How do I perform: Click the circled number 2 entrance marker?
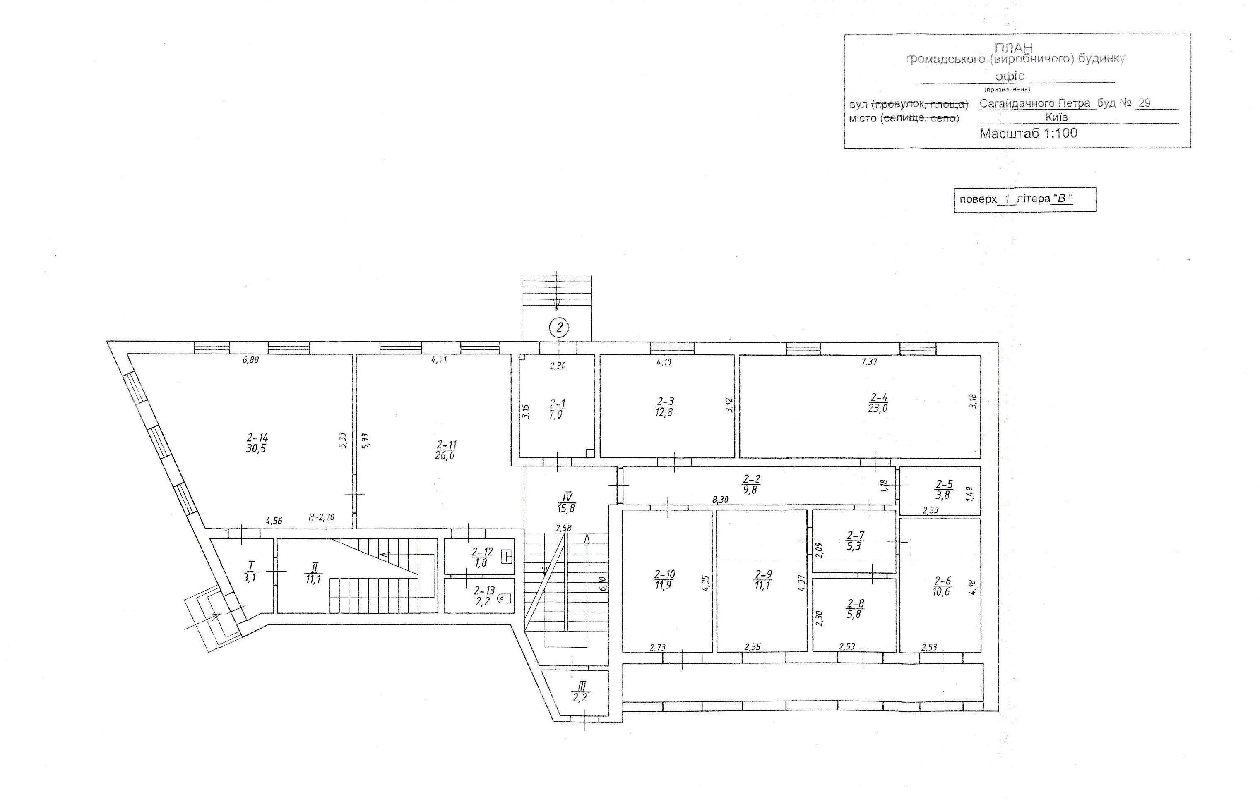(x=559, y=328)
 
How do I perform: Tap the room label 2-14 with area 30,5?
(x=256, y=443)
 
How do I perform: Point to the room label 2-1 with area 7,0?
(x=557, y=409)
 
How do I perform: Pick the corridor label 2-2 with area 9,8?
(x=751, y=484)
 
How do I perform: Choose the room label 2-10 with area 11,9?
(x=664, y=580)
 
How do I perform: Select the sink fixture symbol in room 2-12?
(x=507, y=557)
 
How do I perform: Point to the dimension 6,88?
(x=251, y=360)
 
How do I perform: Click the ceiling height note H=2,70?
(x=321, y=518)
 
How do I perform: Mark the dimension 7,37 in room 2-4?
(x=869, y=361)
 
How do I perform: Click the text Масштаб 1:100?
(x=1028, y=133)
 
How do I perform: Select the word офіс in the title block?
(x=1010, y=77)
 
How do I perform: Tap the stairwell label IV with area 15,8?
(x=566, y=502)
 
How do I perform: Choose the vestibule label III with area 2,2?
(x=580, y=691)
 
